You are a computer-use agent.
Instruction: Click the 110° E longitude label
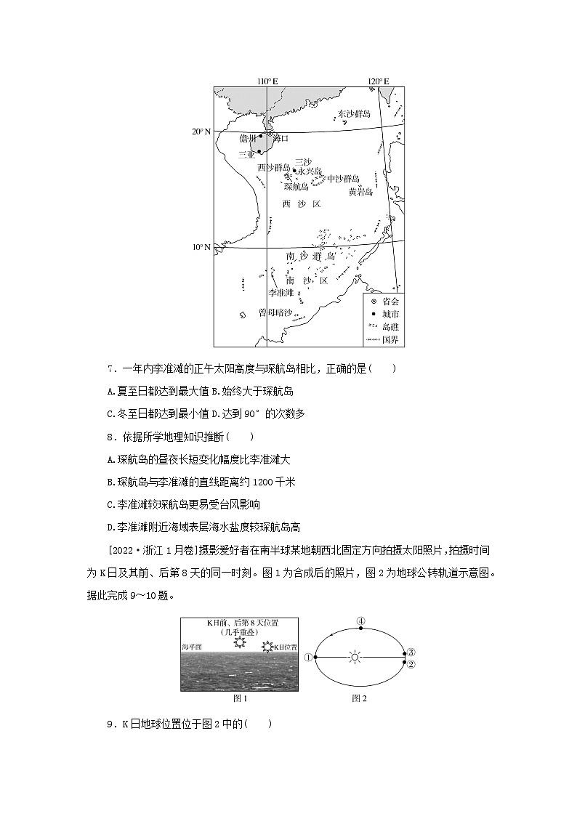click(267, 81)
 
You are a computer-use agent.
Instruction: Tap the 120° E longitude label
click(377, 81)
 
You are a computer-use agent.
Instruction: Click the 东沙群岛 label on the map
click(354, 114)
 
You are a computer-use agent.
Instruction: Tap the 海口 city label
click(281, 137)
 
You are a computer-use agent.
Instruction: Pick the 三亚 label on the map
click(246, 154)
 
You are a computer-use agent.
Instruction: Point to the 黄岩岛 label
click(360, 192)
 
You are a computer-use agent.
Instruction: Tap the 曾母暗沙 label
click(275, 312)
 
